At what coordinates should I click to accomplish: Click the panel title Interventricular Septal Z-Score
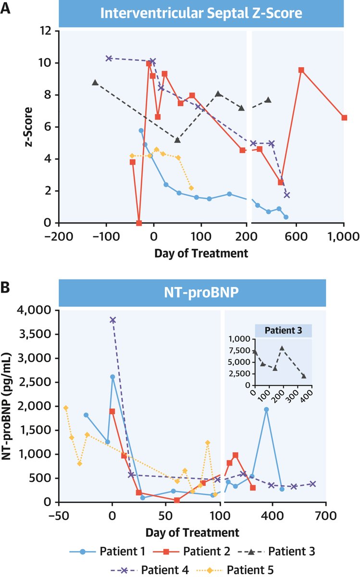(201, 13)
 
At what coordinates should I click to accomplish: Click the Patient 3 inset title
(283, 331)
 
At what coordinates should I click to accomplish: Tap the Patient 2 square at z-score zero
(139, 223)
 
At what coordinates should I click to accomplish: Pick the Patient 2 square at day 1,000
(344, 118)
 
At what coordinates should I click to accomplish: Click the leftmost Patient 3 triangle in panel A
(95, 83)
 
